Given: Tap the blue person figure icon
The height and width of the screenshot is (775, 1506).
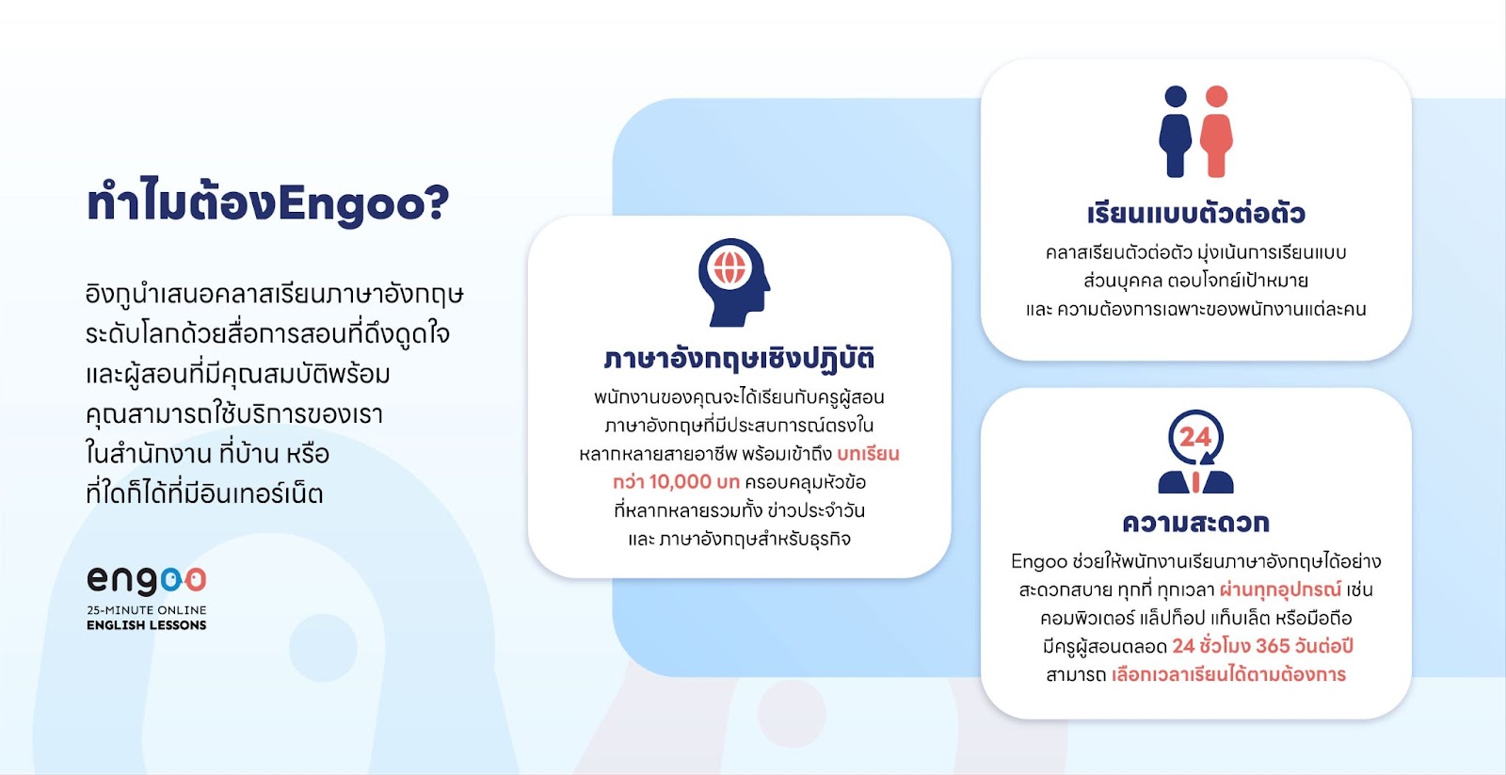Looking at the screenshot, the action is (1176, 132).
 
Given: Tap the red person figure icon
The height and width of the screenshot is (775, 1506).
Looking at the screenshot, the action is (1216, 132).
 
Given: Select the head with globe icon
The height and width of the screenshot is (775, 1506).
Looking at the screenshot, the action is (734, 283).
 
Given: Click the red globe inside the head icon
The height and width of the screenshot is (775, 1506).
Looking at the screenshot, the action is (729, 267).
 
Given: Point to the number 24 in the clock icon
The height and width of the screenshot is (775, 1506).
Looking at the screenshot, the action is (1195, 437).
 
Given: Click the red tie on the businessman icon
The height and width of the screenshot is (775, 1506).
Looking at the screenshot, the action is (1195, 482).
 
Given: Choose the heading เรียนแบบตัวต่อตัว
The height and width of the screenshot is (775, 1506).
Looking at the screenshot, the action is (1196, 213).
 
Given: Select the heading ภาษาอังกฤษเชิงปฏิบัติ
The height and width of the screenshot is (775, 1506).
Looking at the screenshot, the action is (739, 358).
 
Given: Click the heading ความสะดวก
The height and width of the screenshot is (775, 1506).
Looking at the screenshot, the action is (1196, 522).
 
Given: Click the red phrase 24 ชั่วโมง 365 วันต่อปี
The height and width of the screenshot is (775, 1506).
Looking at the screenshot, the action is (1262, 646).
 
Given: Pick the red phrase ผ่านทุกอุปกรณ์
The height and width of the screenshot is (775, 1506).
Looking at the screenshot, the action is (1281, 589).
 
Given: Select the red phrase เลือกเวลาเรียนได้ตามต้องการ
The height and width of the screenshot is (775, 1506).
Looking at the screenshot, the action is (1229, 674).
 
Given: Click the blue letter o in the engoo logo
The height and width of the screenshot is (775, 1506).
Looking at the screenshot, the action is (171, 580).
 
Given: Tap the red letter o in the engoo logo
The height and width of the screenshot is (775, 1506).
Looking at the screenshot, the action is (196, 580).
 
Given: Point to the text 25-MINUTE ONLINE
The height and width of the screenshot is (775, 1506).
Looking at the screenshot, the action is (147, 610).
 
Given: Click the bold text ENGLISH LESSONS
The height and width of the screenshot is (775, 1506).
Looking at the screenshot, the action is (147, 625).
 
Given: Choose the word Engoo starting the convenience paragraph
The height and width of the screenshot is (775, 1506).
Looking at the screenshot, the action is (1039, 561).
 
